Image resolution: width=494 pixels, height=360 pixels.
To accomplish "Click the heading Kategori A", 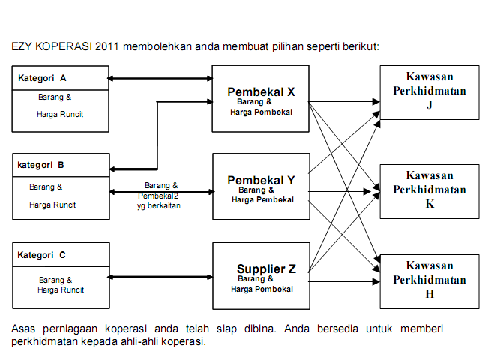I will tap(42, 78).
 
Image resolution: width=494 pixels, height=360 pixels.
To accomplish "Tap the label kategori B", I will tap(40, 164).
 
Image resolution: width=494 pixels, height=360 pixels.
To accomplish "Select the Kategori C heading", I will tap(42, 255).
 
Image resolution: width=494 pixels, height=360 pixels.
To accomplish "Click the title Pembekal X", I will tap(261, 91).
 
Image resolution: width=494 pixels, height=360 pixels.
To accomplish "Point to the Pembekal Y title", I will tap(261, 180).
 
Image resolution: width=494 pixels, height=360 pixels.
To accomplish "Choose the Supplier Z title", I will tap(266, 268).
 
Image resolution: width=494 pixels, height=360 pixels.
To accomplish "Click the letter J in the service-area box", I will tap(430, 105).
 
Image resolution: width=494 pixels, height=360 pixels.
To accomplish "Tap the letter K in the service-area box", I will tap(430, 204).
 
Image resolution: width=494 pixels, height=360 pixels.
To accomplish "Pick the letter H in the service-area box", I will tap(430, 293).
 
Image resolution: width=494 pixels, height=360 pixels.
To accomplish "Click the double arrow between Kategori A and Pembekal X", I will tap(160, 78).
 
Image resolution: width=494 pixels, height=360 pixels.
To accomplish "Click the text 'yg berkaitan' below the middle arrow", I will tap(159, 205).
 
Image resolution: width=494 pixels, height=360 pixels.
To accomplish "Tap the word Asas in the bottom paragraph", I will tap(24, 328).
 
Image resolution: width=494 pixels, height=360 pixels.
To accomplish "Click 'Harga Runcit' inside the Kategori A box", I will tap(60, 114).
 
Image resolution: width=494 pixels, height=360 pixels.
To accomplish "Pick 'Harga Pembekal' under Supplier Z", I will tap(262, 289).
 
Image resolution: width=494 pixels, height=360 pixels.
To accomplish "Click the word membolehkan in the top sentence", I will tap(156, 46).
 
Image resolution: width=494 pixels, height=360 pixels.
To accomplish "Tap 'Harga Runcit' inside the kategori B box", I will tap(52, 204).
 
